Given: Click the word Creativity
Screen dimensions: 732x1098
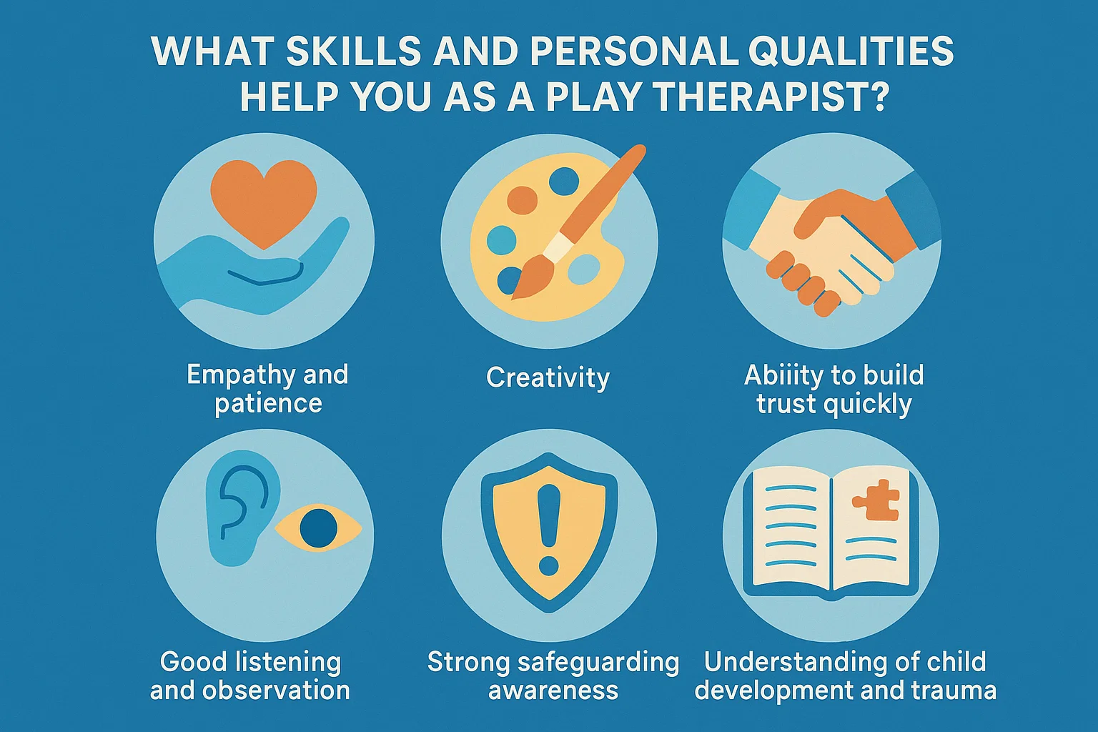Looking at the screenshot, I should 548,377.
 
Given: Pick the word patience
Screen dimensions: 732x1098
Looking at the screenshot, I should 268,403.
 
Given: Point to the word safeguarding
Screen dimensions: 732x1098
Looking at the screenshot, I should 598,663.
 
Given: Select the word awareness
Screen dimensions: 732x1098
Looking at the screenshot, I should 553,691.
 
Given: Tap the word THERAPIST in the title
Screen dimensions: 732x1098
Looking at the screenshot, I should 761,97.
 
